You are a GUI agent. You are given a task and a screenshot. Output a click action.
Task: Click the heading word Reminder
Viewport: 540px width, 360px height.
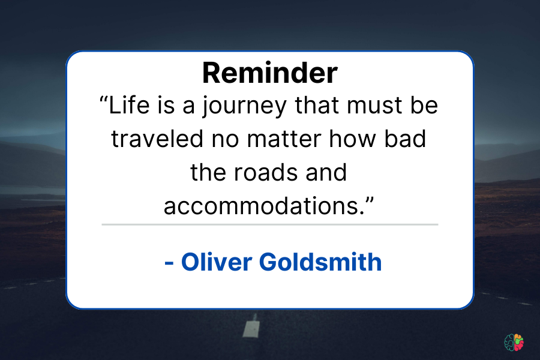point(269,73)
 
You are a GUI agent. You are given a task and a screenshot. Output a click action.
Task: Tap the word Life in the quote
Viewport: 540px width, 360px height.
point(129,105)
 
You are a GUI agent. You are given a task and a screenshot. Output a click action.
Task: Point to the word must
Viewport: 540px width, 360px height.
point(374,105)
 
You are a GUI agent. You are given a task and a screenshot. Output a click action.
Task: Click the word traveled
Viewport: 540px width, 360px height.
point(157,139)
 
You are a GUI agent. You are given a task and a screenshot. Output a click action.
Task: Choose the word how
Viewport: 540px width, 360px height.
point(352,139)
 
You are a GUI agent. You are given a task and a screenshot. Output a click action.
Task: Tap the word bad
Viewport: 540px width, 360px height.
point(405,139)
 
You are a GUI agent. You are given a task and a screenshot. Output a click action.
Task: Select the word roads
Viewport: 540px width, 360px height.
point(266,172)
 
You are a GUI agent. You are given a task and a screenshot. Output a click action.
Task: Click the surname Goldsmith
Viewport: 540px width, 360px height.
point(320,262)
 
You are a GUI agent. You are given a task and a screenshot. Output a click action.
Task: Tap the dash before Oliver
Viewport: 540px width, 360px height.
point(169,263)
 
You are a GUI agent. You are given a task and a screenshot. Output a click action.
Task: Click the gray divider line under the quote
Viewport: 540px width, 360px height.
point(269,224)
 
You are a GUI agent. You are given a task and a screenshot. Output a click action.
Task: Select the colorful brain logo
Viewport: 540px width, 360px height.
point(514,343)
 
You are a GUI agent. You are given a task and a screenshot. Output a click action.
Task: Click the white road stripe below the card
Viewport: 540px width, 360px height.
point(251,326)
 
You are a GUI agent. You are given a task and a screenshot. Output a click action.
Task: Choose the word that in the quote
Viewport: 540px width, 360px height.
point(317,105)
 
